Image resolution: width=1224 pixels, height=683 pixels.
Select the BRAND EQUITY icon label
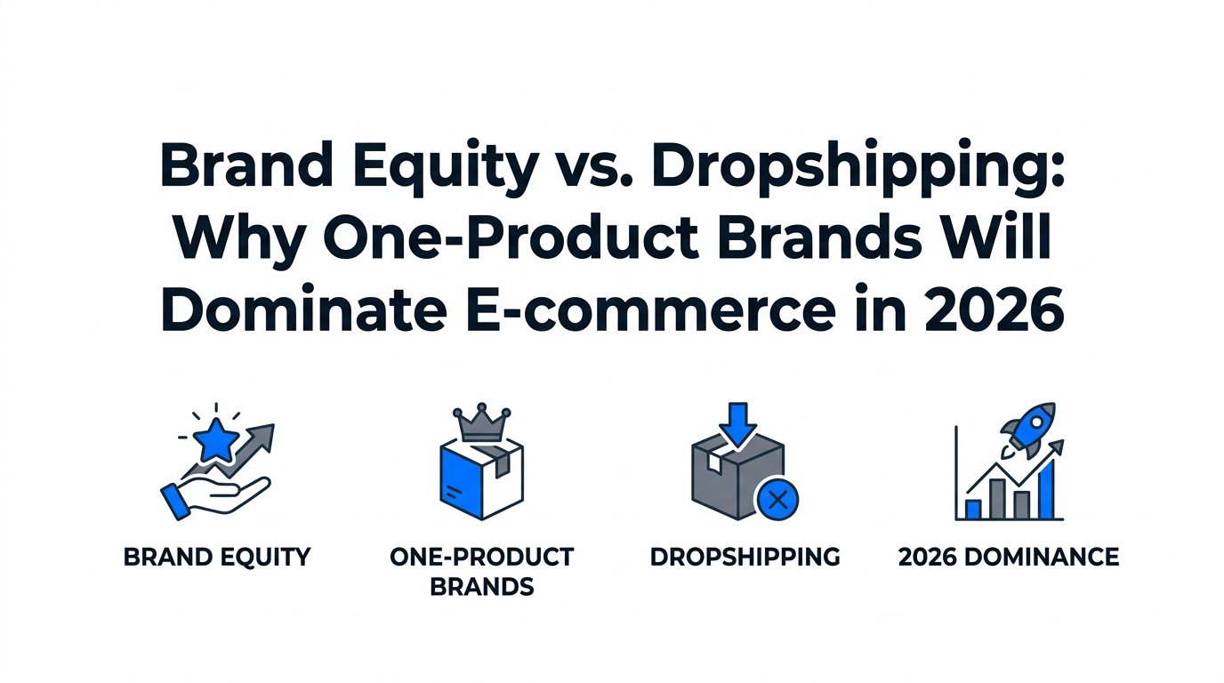217,558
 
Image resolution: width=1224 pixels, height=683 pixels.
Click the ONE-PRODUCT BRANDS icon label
481,571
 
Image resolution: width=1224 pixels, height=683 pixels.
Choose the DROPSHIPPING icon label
745,558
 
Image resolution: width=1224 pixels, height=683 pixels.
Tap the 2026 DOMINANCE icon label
1008,558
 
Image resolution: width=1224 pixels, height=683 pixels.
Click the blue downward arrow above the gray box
737,422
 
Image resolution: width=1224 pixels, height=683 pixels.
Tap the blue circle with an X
777,500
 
